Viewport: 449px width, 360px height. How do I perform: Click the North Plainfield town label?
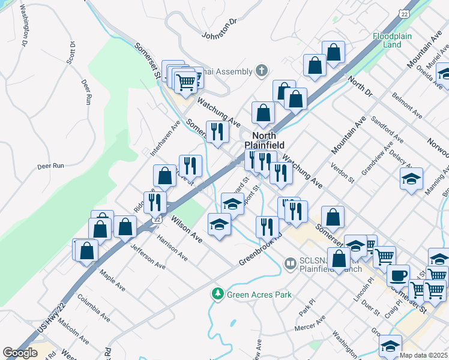pos(264,140)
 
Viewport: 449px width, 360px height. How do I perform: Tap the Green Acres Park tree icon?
pos(217,295)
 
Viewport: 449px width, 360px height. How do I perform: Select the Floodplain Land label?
pos(391,40)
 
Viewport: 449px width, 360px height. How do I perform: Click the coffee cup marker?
pos(398,275)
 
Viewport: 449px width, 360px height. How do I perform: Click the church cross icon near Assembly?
pos(261,71)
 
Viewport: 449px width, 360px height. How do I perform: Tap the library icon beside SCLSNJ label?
pos(291,263)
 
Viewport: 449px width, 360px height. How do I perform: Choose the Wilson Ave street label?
pos(186,229)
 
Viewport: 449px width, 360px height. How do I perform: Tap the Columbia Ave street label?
pos(94,307)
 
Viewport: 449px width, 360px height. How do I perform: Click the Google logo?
pos(20,353)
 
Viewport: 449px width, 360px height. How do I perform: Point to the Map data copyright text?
pos(423,355)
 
